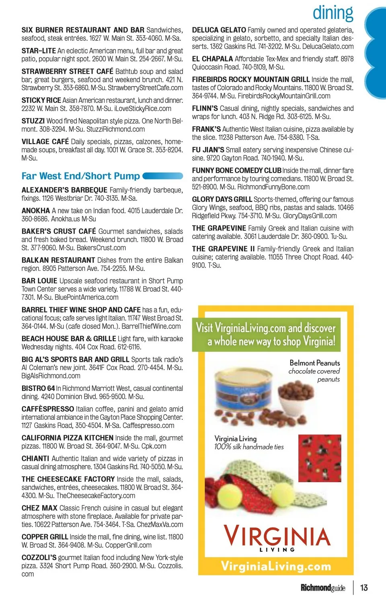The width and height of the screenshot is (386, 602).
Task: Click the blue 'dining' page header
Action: click(x=333, y=13)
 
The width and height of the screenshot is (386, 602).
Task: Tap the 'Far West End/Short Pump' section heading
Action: click(x=80, y=176)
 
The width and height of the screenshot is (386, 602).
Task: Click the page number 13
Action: click(x=364, y=588)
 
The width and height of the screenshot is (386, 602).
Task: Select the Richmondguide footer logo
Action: click(x=323, y=588)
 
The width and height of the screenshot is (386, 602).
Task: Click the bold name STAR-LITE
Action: click(x=39, y=51)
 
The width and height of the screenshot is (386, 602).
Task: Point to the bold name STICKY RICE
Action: click(x=41, y=100)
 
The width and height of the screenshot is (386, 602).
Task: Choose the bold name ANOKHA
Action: click(x=36, y=210)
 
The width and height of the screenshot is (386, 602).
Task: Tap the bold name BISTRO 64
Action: click(x=38, y=388)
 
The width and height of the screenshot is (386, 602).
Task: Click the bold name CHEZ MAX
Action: click(x=39, y=508)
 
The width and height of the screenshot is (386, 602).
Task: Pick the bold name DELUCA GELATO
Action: click(x=219, y=30)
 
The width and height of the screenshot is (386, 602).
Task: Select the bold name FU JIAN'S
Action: click(x=208, y=150)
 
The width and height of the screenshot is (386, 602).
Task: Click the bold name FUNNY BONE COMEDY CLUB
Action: click(x=236, y=170)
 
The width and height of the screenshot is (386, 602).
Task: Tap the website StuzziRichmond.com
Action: click(x=115, y=129)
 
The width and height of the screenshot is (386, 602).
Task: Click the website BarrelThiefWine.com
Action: click(x=151, y=326)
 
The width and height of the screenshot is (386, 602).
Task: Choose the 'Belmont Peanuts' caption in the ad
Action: click(x=314, y=363)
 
